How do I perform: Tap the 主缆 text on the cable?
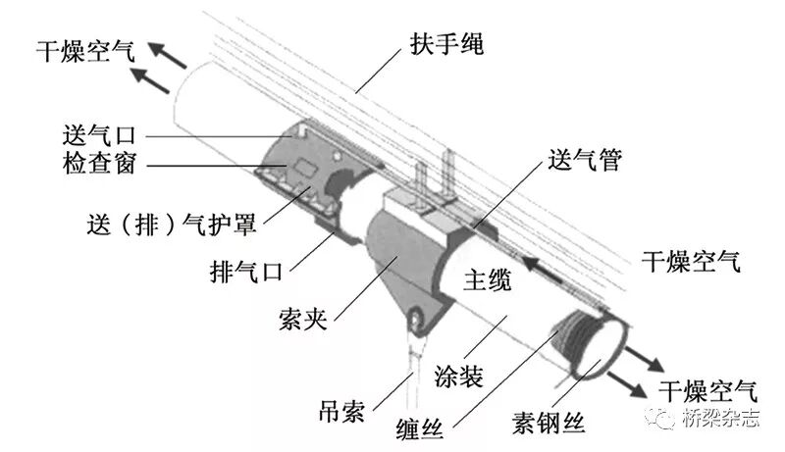pyautogui.click(x=487, y=282)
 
